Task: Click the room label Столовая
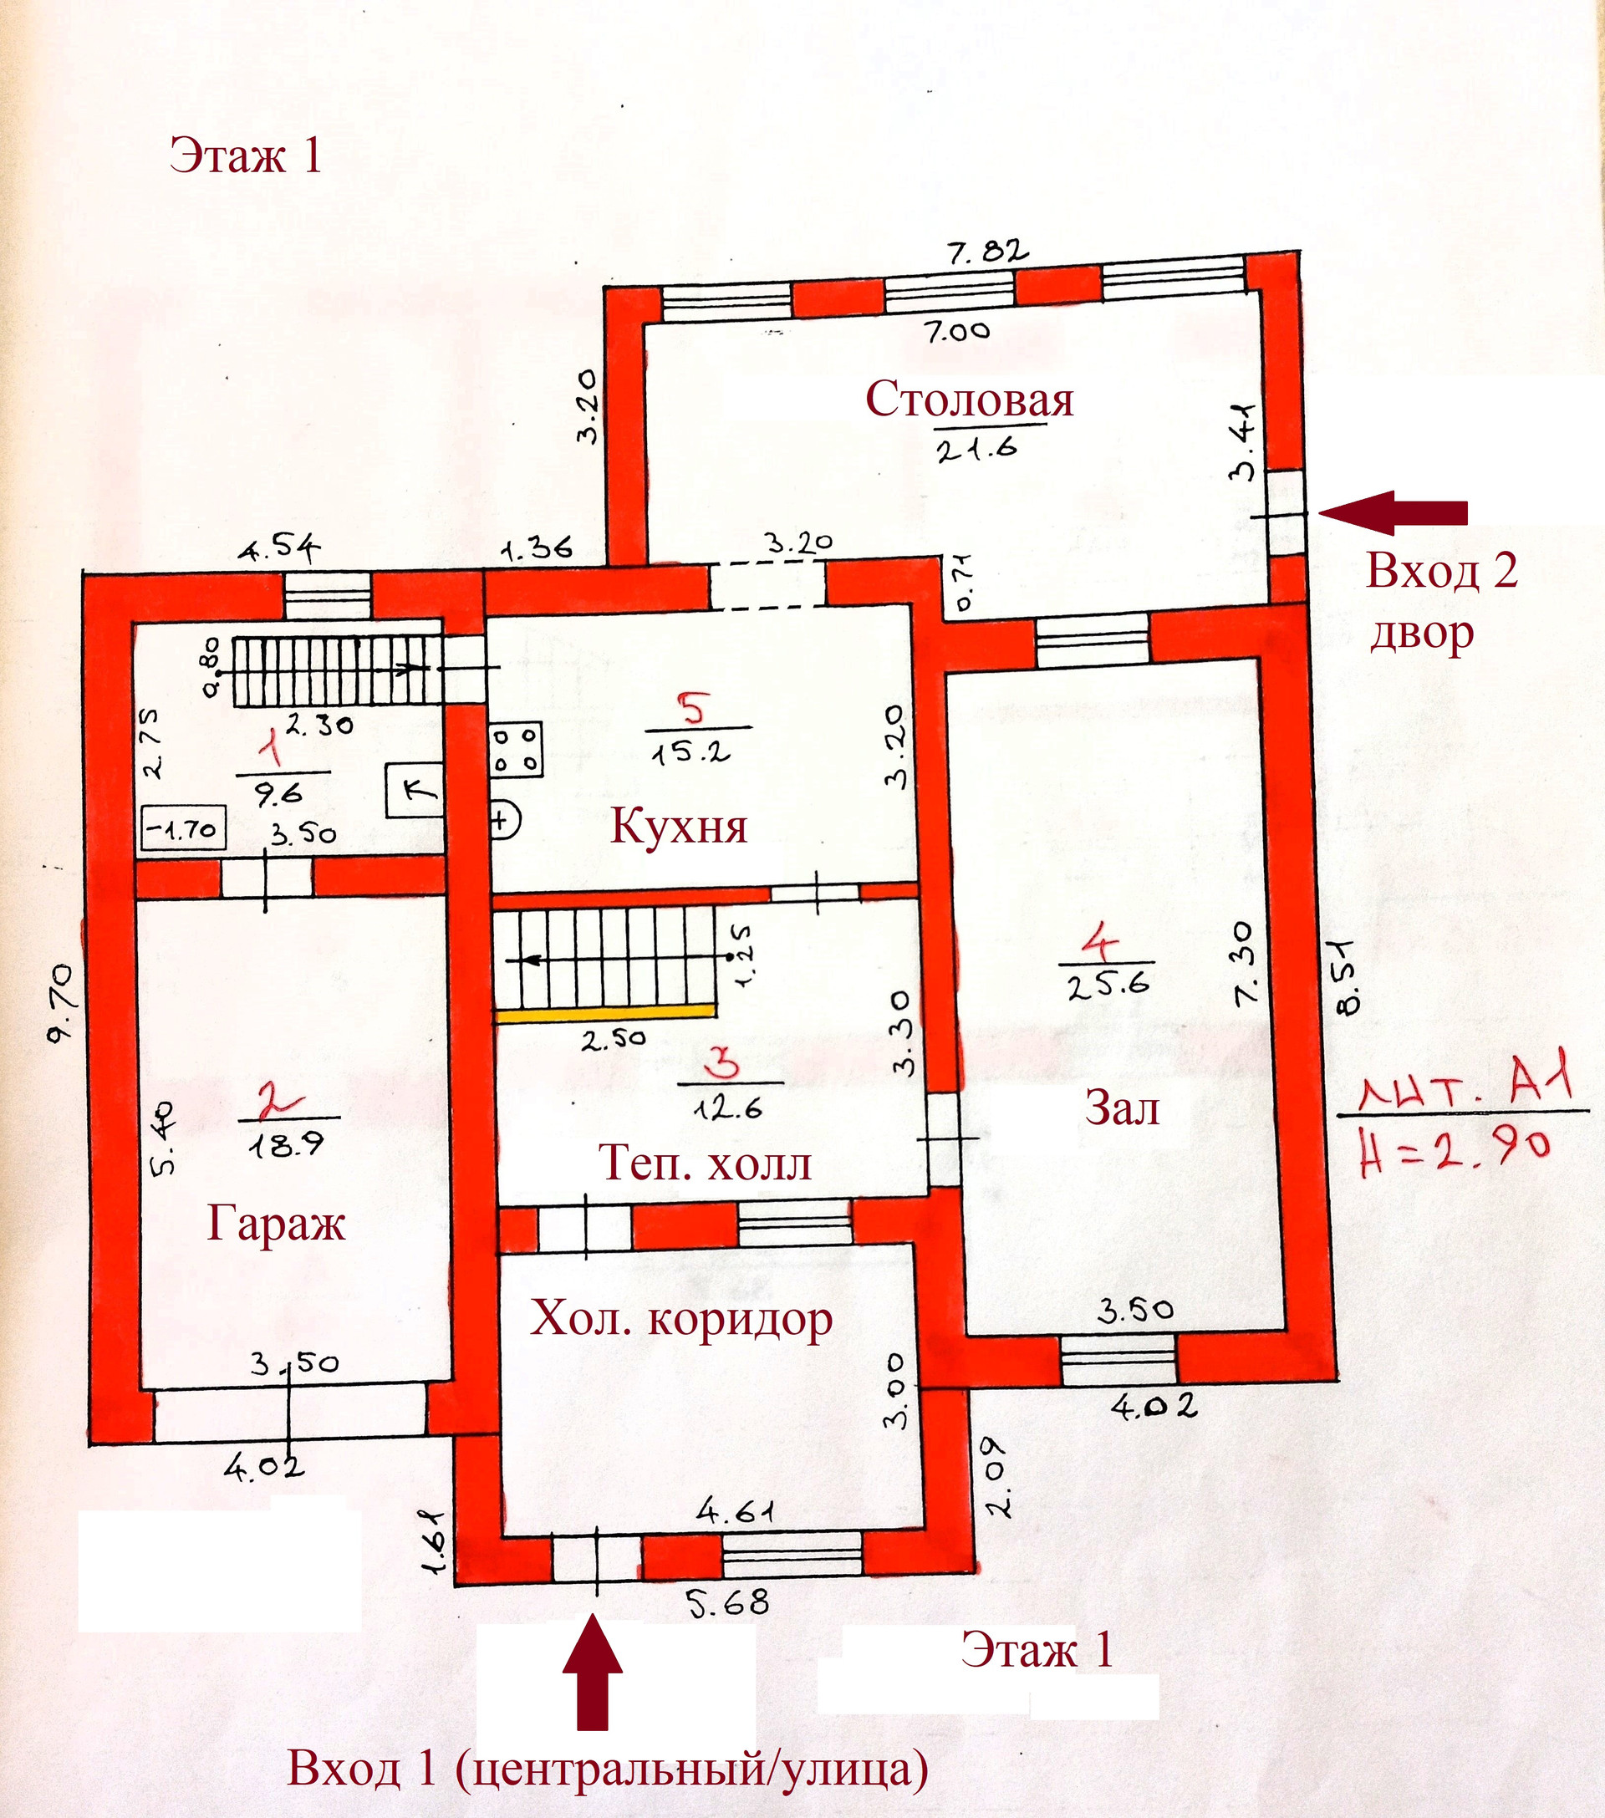[x=969, y=400]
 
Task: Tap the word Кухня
[x=679, y=827]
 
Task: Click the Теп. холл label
[x=705, y=1163]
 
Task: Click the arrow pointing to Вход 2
[x=1393, y=513]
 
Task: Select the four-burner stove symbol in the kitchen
[x=516, y=750]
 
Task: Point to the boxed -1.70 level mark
[x=183, y=829]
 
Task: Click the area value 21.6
[x=976, y=448]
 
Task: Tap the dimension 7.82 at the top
[x=986, y=252]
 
